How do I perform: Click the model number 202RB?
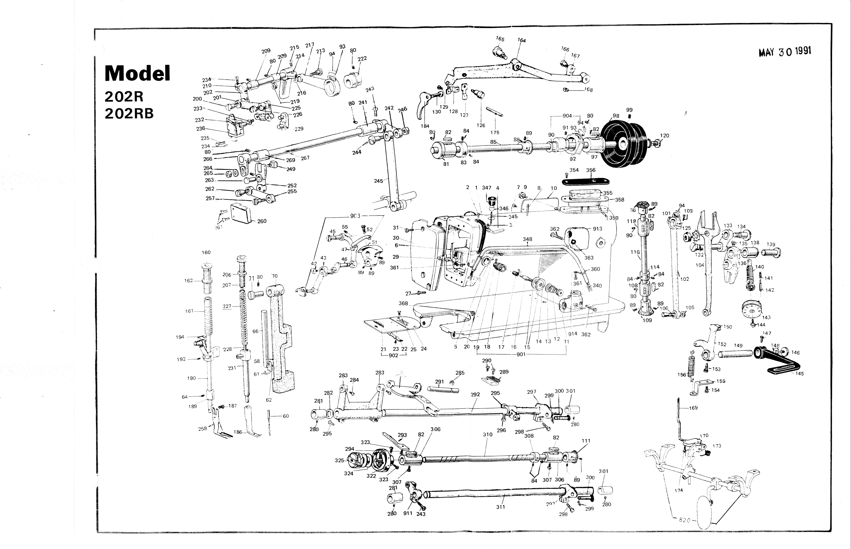[129, 113]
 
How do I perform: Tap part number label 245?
[378, 181]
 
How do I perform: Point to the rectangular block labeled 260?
[242, 213]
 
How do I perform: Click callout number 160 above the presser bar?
[206, 253]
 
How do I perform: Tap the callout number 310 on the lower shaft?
[487, 434]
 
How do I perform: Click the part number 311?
[500, 507]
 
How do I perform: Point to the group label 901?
[521, 355]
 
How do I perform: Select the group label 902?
[393, 355]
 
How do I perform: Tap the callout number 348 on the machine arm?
[528, 239]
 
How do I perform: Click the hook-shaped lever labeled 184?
[423, 105]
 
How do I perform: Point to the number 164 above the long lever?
[522, 40]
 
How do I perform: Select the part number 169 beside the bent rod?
[693, 408]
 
